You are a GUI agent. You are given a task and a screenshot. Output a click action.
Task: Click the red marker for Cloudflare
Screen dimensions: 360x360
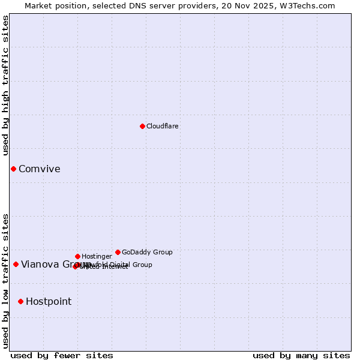pos(142,126)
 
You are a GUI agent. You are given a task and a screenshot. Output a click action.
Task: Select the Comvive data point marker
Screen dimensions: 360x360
pos(13,169)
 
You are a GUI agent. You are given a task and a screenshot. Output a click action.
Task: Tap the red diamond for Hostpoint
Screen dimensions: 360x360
pos(20,301)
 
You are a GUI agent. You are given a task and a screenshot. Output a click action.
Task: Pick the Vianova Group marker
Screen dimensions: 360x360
pos(16,264)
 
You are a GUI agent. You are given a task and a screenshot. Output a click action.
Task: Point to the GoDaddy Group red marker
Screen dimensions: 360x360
pos(118,252)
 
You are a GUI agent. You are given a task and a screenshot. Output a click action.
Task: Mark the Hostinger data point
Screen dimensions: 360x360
pos(77,256)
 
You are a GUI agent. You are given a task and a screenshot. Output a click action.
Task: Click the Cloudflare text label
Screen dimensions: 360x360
pos(162,126)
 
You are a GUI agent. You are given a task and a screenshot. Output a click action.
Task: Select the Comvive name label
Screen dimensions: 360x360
pos(39,169)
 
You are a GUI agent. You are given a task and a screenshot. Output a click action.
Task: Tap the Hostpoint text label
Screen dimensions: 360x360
pos(48,301)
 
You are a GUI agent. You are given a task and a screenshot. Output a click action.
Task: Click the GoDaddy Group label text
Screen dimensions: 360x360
pos(147,252)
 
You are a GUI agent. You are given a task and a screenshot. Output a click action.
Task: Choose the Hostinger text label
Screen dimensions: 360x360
pos(97,256)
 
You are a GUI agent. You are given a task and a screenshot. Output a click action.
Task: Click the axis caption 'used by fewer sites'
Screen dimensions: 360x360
pos(61,355)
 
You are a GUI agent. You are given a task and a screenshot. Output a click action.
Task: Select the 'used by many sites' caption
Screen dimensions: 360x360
pos(301,355)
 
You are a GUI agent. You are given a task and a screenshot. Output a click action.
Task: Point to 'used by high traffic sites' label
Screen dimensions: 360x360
pos(6,85)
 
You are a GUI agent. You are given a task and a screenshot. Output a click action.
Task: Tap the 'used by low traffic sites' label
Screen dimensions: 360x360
pos(6,280)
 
